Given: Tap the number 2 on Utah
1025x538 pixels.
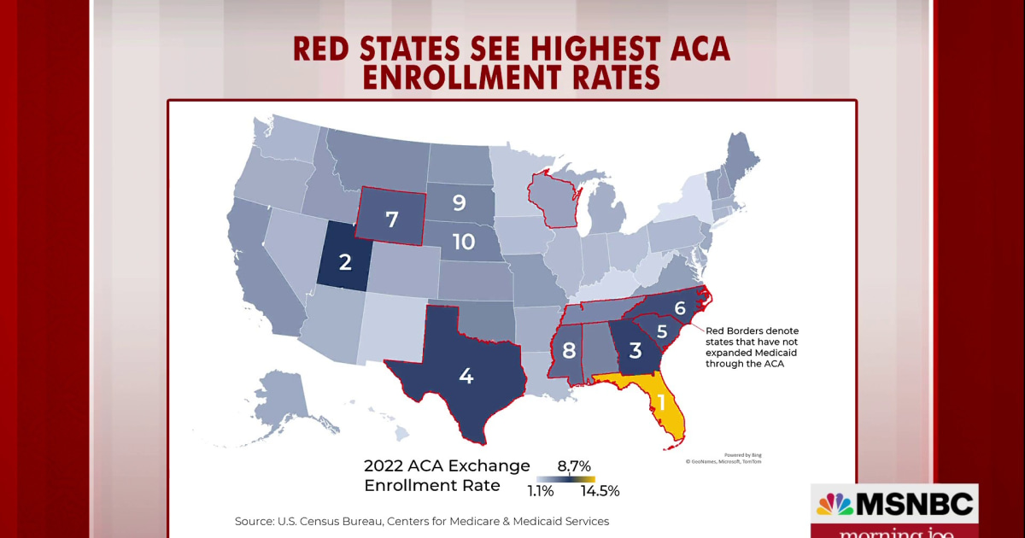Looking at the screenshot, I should click(345, 262).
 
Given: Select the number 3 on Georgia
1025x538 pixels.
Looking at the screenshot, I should click(635, 350).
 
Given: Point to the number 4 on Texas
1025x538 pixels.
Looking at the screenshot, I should click(466, 376).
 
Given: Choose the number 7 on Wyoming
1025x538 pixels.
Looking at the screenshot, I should click(392, 219).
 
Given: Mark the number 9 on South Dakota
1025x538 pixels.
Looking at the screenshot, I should click(459, 203).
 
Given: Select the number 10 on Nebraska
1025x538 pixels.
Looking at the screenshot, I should click(463, 242).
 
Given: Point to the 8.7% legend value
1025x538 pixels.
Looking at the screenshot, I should click(574, 465).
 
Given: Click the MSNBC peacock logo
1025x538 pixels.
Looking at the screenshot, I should click(835, 505).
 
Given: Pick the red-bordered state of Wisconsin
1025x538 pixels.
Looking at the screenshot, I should click(554, 200).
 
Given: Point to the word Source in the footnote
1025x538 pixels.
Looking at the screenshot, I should click(255, 521).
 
